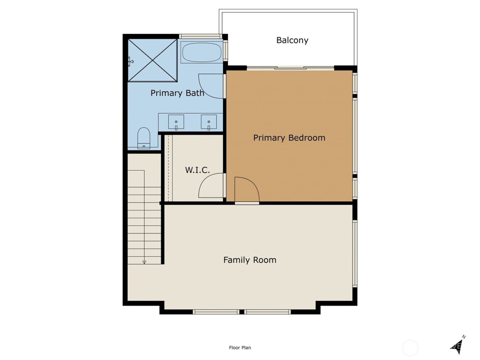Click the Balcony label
[x=292, y=40]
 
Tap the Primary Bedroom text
[x=289, y=138]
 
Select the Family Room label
[x=250, y=260]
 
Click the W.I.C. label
[x=197, y=170]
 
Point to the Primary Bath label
[x=177, y=93]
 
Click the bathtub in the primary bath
[x=202, y=52]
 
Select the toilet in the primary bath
[x=144, y=138]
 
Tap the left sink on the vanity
[x=176, y=122]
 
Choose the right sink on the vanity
[x=208, y=122]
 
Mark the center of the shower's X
[x=153, y=60]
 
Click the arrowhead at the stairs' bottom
[x=144, y=262]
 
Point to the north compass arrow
[x=458, y=345]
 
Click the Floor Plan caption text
[x=240, y=348]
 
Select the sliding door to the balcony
[x=290, y=68]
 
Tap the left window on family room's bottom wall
[x=216, y=312]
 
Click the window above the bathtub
[x=200, y=36]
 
